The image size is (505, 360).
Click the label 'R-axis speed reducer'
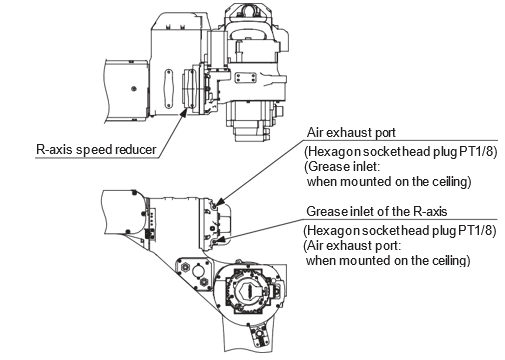tap(96, 150)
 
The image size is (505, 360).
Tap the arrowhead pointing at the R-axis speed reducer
tap(183, 112)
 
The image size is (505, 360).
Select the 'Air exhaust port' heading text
tap(351, 133)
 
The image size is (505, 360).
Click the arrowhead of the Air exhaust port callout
tap(219, 202)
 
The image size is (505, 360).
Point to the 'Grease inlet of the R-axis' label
tap(377, 211)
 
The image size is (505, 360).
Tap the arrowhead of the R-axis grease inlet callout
tap(220, 238)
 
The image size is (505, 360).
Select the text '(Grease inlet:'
tap(342, 166)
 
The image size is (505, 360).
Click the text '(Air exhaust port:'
tap(352, 246)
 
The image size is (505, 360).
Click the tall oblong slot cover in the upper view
tap(169, 88)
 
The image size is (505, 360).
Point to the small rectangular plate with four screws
tap(245, 78)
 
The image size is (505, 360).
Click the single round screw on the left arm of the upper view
tap(134, 89)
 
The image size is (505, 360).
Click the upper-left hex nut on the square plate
tap(184, 267)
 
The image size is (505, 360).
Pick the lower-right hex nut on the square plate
tap(203, 282)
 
